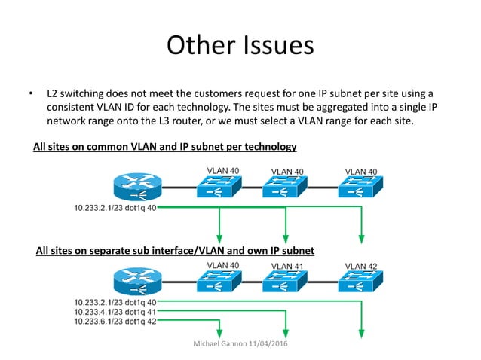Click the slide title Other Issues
pyautogui.click(x=240, y=45)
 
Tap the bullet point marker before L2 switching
pyautogui.click(x=31, y=94)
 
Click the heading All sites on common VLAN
pyautogui.click(x=165, y=146)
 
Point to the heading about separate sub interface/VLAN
pyautogui.click(x=175, y=249)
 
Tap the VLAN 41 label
pyautogui.click(x=288, y=266)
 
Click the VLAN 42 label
pyautogui.click(x=361, y=266)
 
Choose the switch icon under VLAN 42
pyautogui.click(x=361, y=283)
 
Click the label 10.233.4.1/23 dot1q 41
pyautogui.click(x=115, y=311)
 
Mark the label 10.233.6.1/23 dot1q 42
pyautogui.click(x=115, y=321)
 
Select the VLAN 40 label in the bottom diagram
pyautogui.click(x=223, y=265)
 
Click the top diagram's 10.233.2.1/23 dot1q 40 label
pyautogui.click(x=115, y=207)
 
